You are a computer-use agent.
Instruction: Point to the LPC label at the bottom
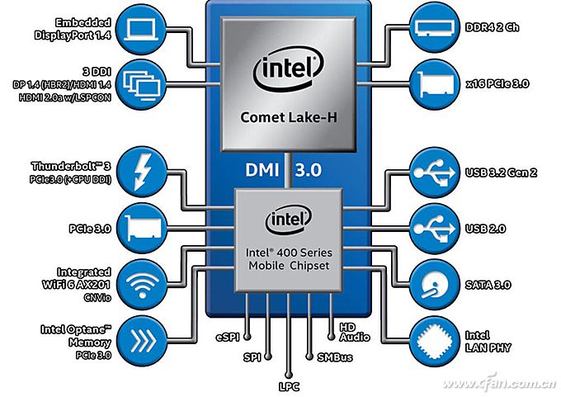[287, 385]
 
